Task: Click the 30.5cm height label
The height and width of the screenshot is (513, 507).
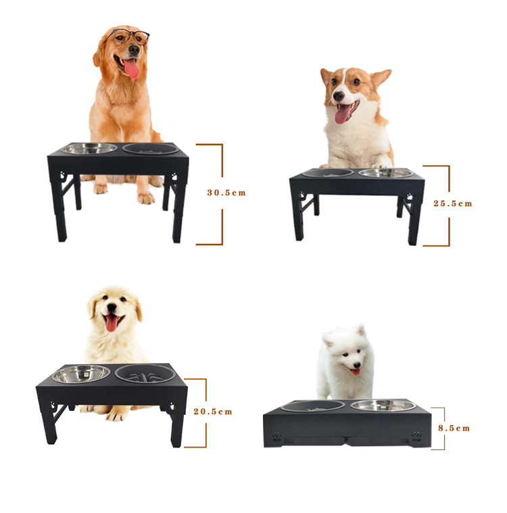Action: pyautogui.click(x=226, y=193)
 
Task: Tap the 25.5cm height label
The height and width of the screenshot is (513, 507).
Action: pyautogui.click(x=453, y=203)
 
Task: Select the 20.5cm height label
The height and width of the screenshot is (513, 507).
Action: pyautogui.click(x=213, y=412)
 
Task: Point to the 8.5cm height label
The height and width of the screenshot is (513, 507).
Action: pyautogui.click(x=454, y=429)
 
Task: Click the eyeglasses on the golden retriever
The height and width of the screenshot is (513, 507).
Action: pyautogui.click(x=128, y=36)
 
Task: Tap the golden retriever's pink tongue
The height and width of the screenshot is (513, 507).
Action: pyautogui.click(x=132, y=68)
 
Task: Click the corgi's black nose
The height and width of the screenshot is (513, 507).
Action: pyautogui.click(x=339, y=96)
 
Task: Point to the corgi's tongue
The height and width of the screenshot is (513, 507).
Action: pyautogui.click(x=342, y=114)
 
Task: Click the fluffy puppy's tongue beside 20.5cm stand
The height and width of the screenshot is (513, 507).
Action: pyautogui.click(x=112, y=322)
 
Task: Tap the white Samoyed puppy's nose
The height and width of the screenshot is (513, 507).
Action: pyautogui.click(x=357, y=365)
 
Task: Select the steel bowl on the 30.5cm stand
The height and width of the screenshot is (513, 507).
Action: pyautogui.click(x=89, y=148)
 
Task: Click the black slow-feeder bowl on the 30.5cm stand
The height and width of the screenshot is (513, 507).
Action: pyautogui.click(x=151, y=149)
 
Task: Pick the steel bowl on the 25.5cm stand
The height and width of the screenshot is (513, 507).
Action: pyautogui.click(x=387, y=173)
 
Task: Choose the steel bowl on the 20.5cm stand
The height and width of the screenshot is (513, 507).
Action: pyautogui.click(x=81, y=374)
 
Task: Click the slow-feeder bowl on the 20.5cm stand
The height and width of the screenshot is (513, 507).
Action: pyautogui.click(x=145, y=373)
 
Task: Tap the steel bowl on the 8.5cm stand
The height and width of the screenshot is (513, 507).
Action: pyautogui.click(x=383, y=406)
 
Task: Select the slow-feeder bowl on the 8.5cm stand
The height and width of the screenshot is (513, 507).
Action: pyautogui.click(x=313, y=406)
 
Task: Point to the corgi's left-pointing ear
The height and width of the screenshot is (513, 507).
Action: pyautogui.click(x=326, y=76)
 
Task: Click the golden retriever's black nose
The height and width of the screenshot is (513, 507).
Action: pyautogui.click(x=134, y=50)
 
